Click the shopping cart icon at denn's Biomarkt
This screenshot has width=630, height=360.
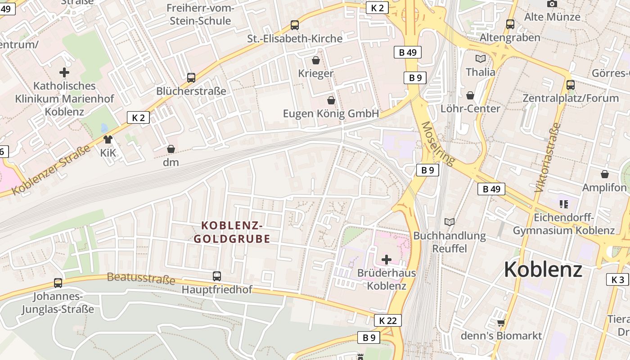(x=501, y=323)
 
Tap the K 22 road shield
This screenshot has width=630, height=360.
(x=387, y=320)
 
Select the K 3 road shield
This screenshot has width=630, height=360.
(x=617, y=279)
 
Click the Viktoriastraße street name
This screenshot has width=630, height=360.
(x=548, y=157)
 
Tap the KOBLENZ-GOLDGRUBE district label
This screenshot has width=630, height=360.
(x=232, y=232)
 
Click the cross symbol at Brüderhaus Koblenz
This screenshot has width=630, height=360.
(x=386, y=260)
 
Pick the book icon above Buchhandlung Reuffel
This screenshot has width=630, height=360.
(x=449, y=222)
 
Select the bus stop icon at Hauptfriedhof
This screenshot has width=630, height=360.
(x=217, y=276)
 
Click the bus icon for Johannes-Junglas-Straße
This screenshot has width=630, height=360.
(x=58, y=283)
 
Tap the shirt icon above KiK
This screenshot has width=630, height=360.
(x=108, y=139)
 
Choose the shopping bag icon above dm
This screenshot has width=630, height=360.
(x=171, y=149)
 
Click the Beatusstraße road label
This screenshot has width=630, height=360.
(x=141, y=279)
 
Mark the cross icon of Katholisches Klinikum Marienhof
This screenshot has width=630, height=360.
(x=64, y=72)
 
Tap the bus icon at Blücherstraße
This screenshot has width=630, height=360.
(x=191, y=78)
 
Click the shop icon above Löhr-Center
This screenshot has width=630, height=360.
(x=470, y=95)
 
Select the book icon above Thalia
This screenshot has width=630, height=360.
(x=481, y=58)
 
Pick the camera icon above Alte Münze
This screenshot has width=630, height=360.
(x=552, y=4)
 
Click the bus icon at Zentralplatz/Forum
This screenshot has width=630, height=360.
(x=571, y=85)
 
